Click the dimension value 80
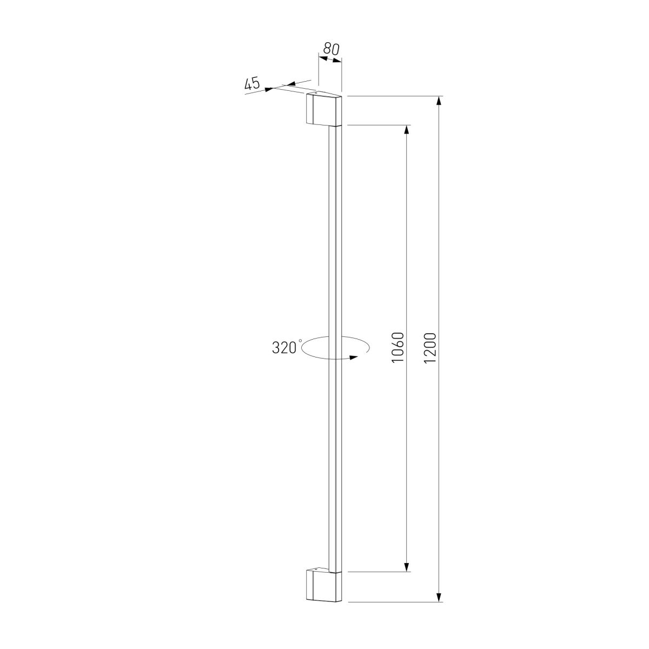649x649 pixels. coord(330,48)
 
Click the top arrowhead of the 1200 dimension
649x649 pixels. coord(439,101)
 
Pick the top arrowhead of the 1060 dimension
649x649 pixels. coord(406,130)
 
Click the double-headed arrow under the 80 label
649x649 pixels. coord(330,59)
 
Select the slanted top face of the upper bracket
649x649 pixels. coord(325,97)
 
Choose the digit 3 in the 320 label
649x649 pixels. coord(276,348)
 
